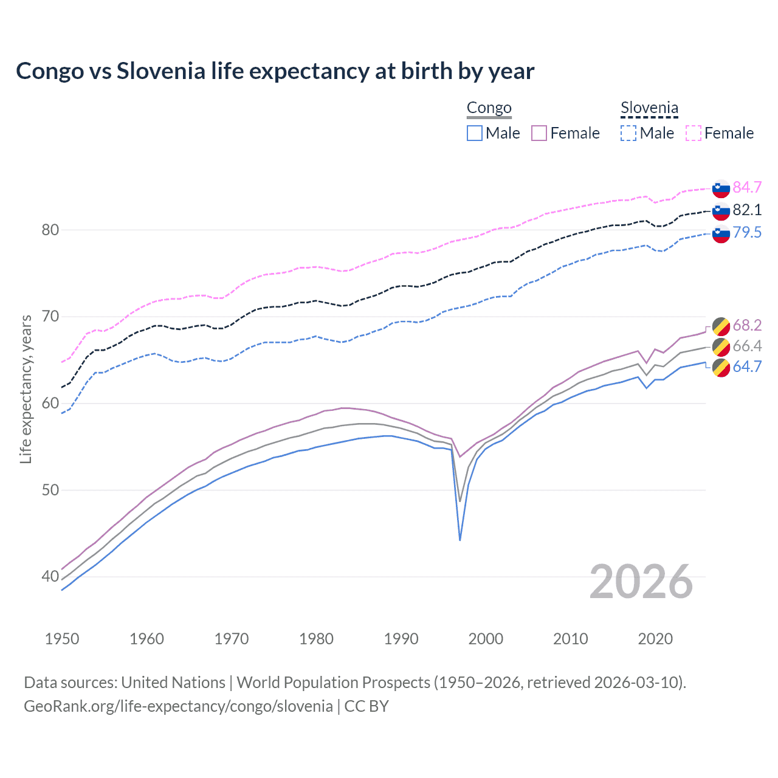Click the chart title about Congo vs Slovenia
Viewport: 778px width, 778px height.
coord(275,71)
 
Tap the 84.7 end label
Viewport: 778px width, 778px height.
coord(747,187)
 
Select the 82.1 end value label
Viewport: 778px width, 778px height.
coord(747,210)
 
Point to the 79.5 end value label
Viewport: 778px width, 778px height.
coord(747,232)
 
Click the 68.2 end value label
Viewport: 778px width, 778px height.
coord(747,326)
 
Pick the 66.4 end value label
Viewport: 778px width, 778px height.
coord(747,346)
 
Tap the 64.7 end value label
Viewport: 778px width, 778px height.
coord(747,367)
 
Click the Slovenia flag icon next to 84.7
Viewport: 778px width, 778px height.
coord(721,188)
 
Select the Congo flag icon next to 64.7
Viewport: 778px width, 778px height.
coord(721,368)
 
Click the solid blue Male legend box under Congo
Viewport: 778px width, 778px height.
coord(475,133)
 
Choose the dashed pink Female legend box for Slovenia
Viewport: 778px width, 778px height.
coord(694,133)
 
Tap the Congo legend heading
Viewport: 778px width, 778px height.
coord(489,108)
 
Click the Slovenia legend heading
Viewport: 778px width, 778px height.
coord(649,108)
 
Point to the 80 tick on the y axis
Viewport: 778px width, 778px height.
coord(50,230)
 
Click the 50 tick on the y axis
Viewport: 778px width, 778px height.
coord(50,490)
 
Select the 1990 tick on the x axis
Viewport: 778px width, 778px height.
coord(401,639)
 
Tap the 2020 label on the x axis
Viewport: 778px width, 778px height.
coord(655,639)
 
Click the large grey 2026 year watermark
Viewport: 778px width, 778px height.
coord(641,582)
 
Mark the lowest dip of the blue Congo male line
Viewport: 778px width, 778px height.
coord(460,540)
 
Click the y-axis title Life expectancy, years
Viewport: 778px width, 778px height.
coord(26,389)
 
